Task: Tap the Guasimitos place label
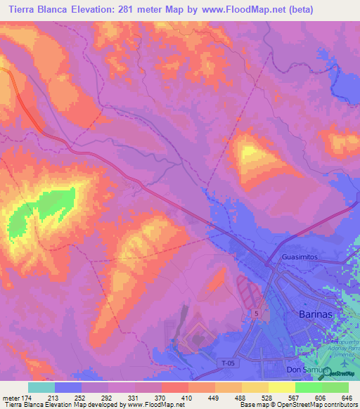coord(301,258)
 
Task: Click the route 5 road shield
coord(257,313)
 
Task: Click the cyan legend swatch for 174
coord(41,387)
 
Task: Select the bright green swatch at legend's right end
coord(335,387)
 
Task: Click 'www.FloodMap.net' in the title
coord(233,10)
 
